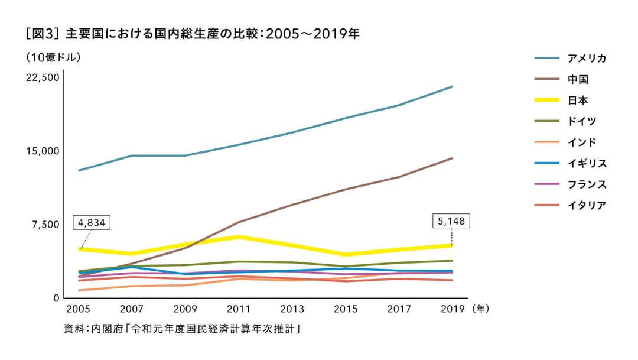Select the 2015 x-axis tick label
[x=347, y=309]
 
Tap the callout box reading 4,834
[x=92, y=223]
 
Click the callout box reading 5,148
[x=452, y=222]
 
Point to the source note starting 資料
[x=183, y=328]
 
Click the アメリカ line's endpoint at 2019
[x=452, y=87]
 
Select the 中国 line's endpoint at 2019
[x=452, y=158]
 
